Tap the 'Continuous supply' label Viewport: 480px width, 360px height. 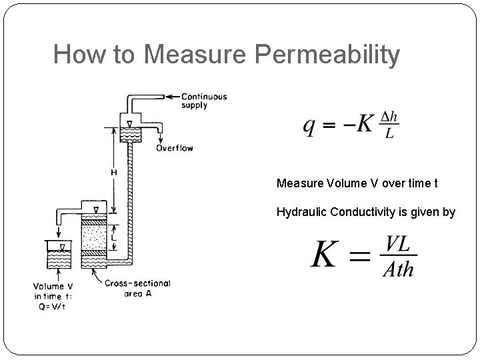pos(204,101)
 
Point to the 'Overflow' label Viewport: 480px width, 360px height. pos(174,148)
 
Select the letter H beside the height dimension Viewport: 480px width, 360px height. pos(113,173)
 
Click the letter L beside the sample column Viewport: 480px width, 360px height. pos(115,236)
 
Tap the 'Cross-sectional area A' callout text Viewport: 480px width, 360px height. pos(137,288)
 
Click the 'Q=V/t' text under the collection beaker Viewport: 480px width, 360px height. pos(57,306)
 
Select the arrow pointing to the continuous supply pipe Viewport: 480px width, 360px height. pos(171,96)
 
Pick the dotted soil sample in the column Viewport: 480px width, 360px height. pos(93,236)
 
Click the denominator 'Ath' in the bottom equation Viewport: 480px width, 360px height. pos(398,269)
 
